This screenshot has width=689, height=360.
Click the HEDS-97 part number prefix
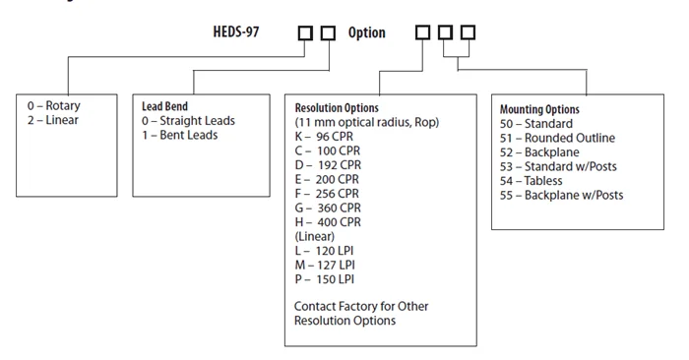point(236,32)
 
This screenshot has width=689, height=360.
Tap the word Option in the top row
point(366,32)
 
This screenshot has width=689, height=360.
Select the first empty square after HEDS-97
point(305,32)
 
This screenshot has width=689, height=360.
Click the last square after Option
point(468,32)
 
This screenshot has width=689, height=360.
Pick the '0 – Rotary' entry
point(53,106)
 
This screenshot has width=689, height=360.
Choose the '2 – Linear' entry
point(53,120)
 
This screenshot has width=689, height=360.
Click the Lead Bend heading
point(164,106)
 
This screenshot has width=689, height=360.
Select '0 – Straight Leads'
point(188,121)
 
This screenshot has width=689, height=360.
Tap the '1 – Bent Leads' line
point(179,135)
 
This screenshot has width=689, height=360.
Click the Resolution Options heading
point(337,108)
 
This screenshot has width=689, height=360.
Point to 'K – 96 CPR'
point(324,137)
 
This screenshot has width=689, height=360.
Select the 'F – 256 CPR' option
point(327,194)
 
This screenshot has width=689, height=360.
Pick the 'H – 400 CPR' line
point(328,222)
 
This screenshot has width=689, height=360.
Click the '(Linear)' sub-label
point(315,237)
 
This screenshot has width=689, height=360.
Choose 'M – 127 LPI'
point(325,266)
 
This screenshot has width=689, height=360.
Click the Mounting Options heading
point(539,109)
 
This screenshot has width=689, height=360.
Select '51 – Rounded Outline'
point(557,138)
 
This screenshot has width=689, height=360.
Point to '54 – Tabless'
point(531,181)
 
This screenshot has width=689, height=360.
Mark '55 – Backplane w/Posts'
point(561,195)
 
